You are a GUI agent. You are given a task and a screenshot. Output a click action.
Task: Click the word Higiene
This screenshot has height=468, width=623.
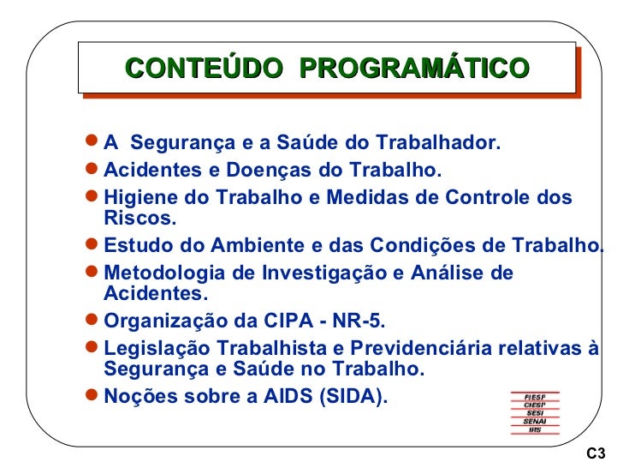coord(136,198)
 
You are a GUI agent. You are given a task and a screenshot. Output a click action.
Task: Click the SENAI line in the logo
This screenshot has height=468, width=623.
coord(536,422)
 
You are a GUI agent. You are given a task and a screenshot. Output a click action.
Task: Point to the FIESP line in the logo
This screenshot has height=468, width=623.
coord(536,396)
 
